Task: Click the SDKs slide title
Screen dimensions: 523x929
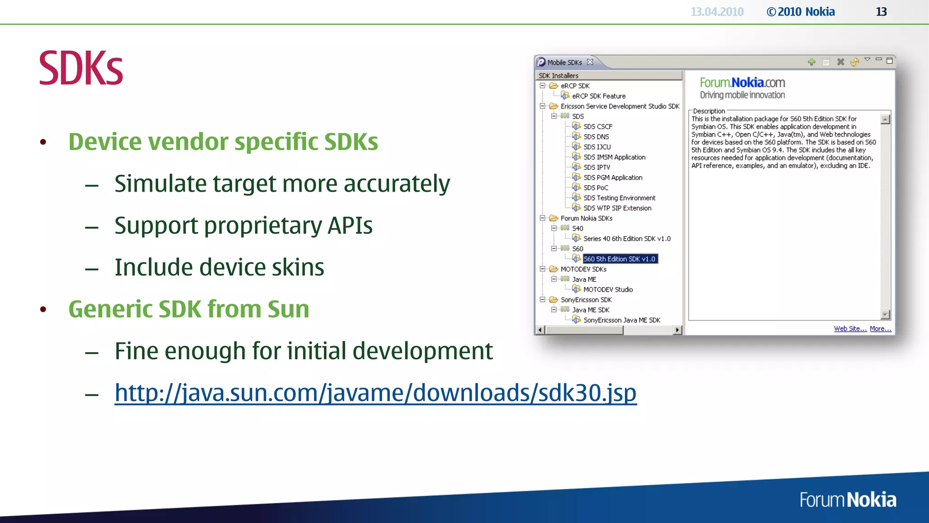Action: [81, 68]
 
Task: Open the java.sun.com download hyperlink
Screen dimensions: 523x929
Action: [375, 393]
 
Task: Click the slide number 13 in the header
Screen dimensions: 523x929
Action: [881, 12]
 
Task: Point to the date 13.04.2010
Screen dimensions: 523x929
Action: [717, 12]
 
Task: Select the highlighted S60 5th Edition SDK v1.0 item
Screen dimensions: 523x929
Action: [619, 259]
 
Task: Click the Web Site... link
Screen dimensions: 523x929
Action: [850, 329]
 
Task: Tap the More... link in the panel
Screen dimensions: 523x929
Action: [880, 329]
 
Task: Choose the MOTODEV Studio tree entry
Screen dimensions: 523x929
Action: [607, 290]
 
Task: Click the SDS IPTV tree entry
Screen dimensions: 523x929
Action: [597, 168]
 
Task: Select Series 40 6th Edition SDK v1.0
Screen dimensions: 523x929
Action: [626, 239]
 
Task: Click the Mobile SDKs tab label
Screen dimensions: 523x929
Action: [564, 63]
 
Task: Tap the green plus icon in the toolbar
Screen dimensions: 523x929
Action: [812, 62]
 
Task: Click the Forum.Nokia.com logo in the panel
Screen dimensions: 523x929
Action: [742, 83]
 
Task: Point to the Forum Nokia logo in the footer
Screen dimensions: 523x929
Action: [847, 500]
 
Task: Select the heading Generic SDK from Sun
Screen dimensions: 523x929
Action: [189, 309]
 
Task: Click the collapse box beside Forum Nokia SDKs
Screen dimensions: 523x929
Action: [543, 218]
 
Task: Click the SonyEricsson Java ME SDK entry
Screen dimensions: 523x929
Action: [621, 320]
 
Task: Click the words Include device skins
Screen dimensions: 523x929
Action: [219, 267]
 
